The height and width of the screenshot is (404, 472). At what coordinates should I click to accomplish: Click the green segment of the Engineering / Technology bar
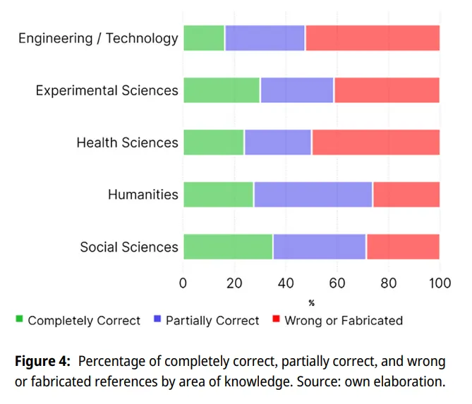point(204,38)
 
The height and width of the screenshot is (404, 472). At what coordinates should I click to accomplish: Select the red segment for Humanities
point(406,195)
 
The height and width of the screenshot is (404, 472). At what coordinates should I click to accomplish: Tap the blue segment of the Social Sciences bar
point(320,247)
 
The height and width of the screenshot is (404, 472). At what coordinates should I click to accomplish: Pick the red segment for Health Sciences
point(376,142)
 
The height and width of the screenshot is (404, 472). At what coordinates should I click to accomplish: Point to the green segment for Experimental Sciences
point(222,90)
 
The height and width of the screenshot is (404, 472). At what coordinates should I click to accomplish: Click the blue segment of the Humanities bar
point(313,195)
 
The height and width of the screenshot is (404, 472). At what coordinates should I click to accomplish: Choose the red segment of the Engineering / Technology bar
point(373,38)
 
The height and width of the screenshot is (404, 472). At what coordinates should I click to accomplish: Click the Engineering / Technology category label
point(98,39)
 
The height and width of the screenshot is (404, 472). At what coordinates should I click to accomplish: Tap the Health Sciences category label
point(127,142)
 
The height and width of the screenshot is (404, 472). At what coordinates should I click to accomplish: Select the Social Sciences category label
point(129,247)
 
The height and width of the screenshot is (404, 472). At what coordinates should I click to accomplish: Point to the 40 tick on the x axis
point(286,283)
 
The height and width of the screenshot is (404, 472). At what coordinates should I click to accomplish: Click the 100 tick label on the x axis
point(440,283)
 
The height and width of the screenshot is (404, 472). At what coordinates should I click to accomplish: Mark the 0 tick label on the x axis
point(183,283)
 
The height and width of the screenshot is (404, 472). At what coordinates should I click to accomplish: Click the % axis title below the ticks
point(312,303)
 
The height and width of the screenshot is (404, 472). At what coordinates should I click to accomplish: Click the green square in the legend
point(19,319)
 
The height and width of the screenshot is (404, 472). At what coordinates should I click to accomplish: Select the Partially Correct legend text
point(212,321)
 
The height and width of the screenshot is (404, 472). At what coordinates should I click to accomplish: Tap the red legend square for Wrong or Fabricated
point(276,319)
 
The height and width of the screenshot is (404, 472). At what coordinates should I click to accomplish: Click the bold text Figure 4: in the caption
point(42,361)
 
